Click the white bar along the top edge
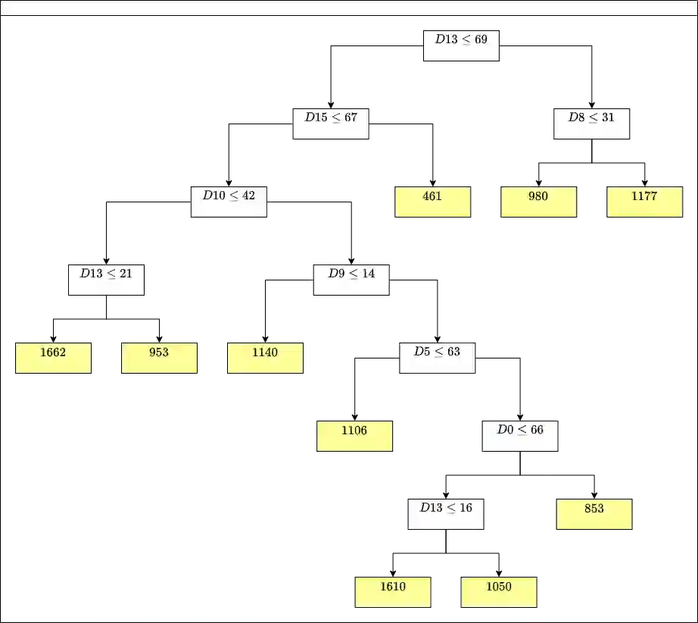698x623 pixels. [x=348, y=8]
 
